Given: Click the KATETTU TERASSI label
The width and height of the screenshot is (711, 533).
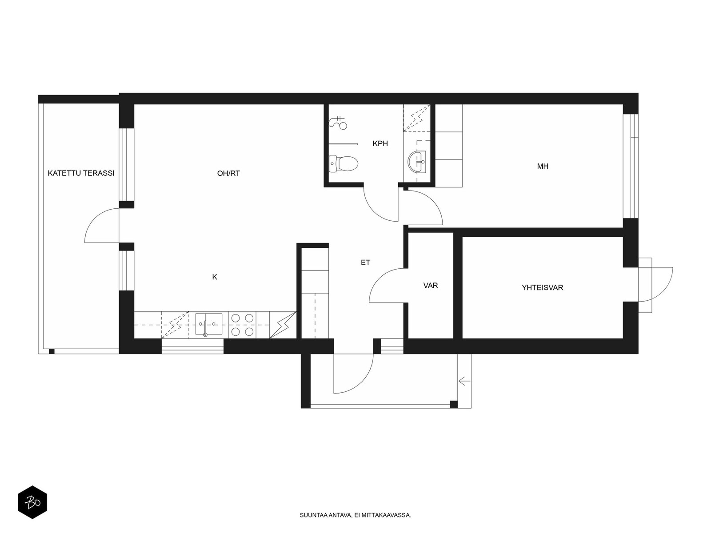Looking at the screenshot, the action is click(81, 173).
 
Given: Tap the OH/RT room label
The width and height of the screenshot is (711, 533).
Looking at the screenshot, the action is click(228, 174).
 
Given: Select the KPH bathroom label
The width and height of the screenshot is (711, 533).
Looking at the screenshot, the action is click(380, 143).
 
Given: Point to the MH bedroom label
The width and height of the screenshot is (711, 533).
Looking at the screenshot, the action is click(543, 166).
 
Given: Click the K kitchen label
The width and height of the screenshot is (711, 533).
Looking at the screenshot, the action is click(215, 277).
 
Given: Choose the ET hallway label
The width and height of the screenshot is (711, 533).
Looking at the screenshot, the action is click(365, 263).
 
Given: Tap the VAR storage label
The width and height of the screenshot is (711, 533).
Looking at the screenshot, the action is click(431, 286).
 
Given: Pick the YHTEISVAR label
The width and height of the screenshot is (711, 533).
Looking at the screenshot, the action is click(542, 287).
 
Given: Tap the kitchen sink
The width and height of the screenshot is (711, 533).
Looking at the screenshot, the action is click(208, 324).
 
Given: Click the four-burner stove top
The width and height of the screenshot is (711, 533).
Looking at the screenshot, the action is click(242, 325).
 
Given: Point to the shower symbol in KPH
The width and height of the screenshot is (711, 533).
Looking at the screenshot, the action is click(338, 123).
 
